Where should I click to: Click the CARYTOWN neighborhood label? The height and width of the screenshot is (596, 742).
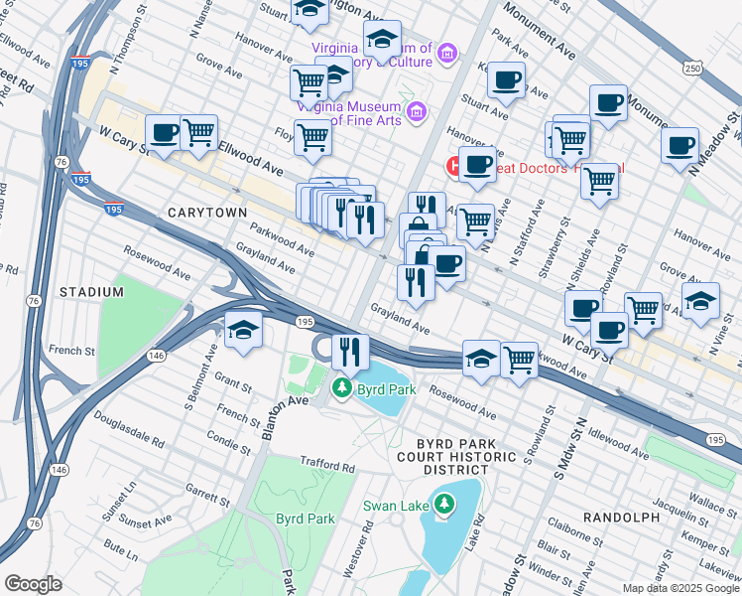click(206, 213)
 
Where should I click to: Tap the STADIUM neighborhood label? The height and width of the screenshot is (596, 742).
click(90, 292)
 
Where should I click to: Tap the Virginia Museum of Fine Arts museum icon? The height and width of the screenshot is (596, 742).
click(415, 110)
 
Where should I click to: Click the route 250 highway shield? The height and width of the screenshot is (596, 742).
click(691, 68)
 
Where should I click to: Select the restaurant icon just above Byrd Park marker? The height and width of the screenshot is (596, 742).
click(349, 351)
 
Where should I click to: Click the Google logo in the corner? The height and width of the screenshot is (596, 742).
click(33, 584)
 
